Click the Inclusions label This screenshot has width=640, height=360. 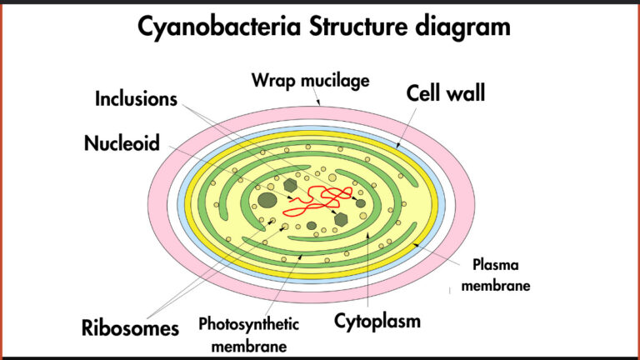(136, 99)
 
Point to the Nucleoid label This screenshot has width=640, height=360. (122, 143)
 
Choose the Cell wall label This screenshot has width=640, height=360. (446, 92)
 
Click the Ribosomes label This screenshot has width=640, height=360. (130, 327)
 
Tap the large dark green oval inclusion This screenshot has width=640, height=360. (267, 200)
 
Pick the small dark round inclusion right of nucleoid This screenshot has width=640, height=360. (361, 202)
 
